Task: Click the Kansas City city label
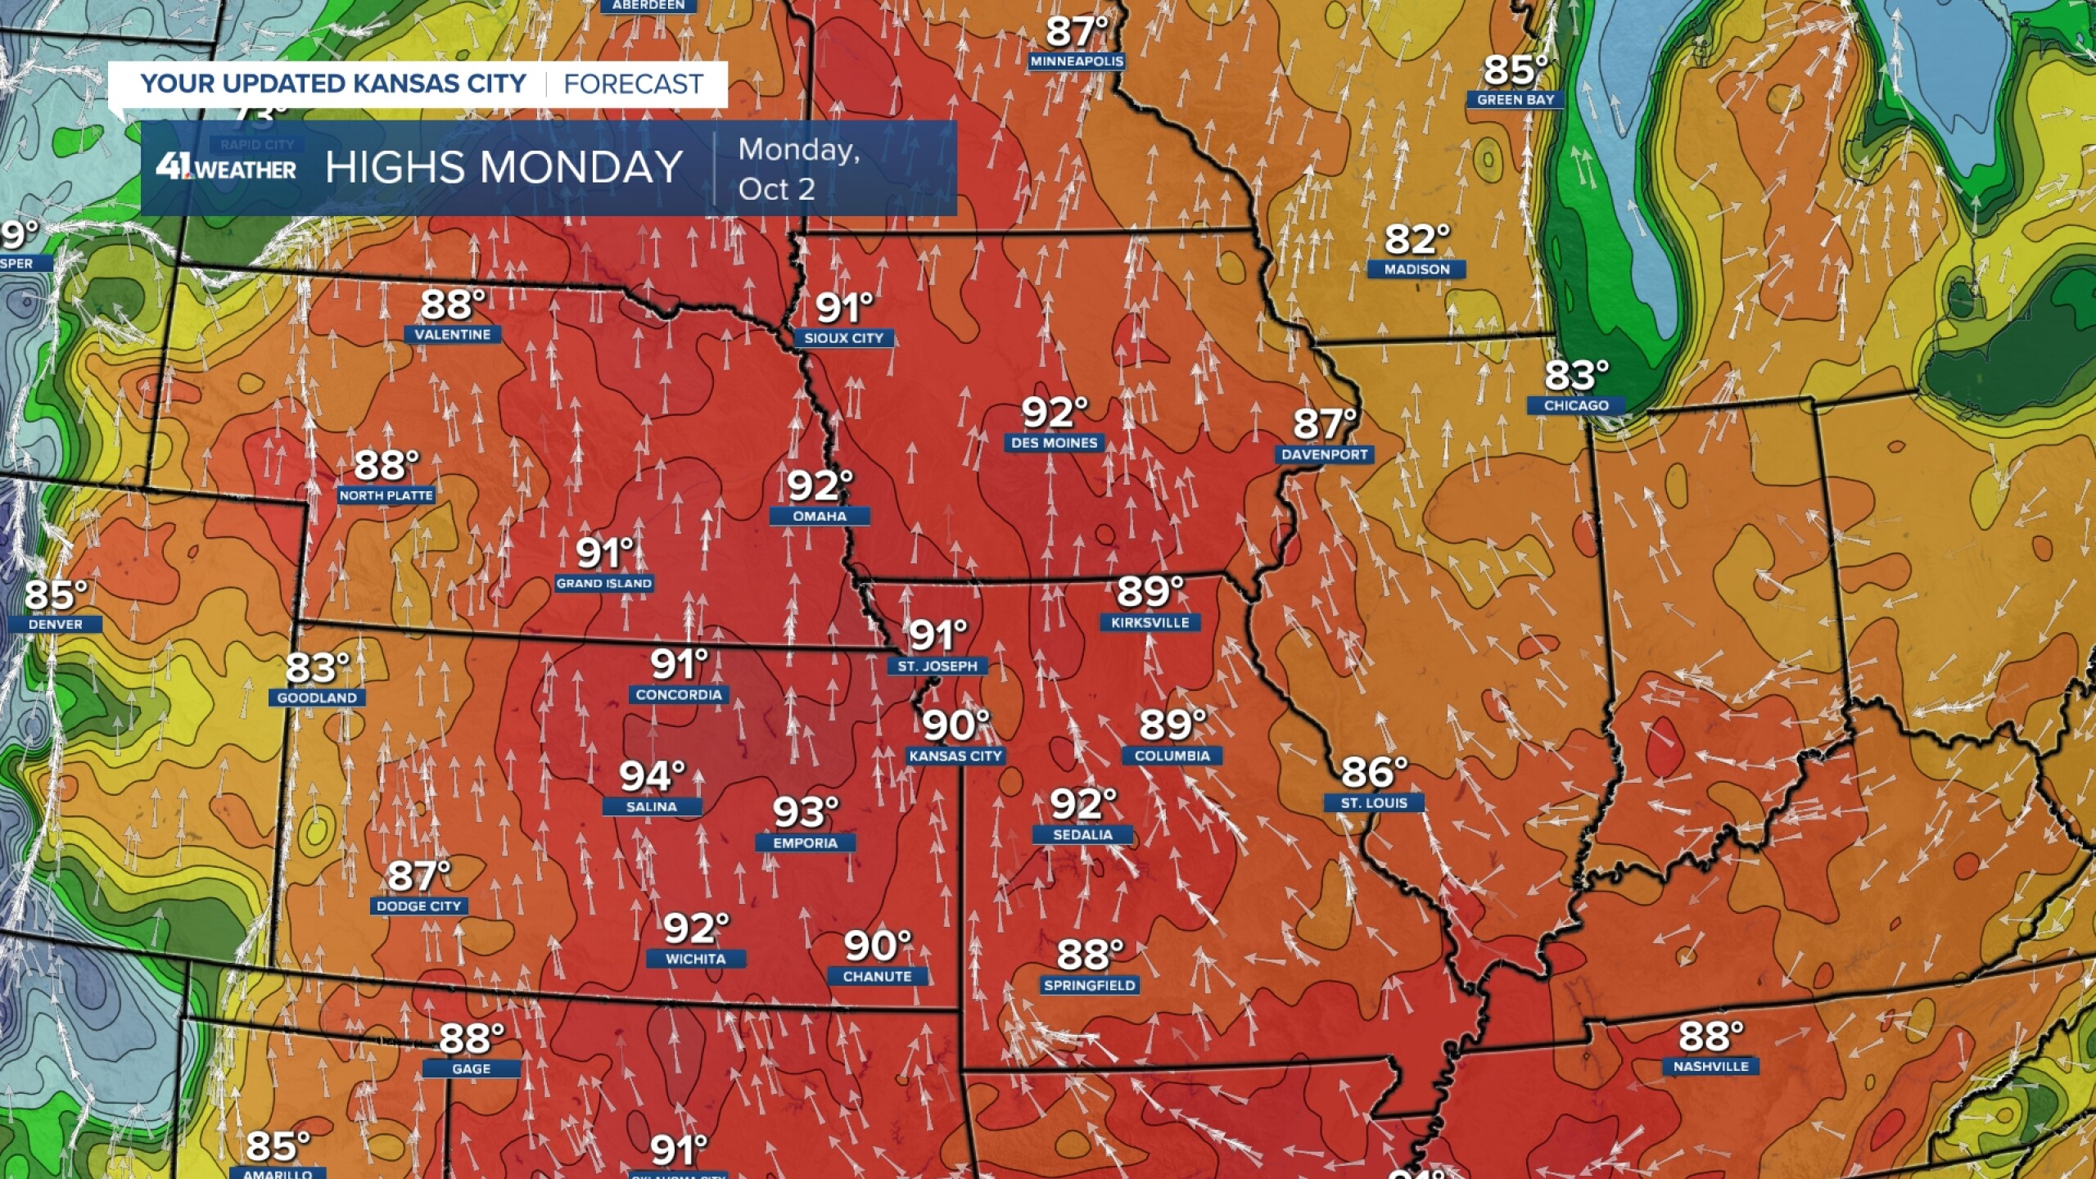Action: [955, 756]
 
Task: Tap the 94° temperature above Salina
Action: [651, 776]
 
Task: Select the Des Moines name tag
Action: [1054, 443]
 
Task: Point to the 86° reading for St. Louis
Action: [1373, 772]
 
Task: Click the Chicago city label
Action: [1576, 405]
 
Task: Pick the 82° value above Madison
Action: [1416, 240]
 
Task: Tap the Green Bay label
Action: [1516, 100]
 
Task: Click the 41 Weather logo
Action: [226, 168]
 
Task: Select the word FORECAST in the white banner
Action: [633, 84]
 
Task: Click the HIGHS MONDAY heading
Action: [504, 168]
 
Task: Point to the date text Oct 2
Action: [776, 189]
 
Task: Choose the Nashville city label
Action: [1710, 1066]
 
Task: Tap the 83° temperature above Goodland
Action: [317, 668]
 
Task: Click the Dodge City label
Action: [418, 906]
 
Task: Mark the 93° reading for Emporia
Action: [805, 812]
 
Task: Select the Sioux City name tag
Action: [843, 338]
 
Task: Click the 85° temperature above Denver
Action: [55, 595]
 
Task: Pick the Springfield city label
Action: [1089, 985]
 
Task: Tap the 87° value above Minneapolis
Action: [1076, 33]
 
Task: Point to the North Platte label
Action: [386, 495]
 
